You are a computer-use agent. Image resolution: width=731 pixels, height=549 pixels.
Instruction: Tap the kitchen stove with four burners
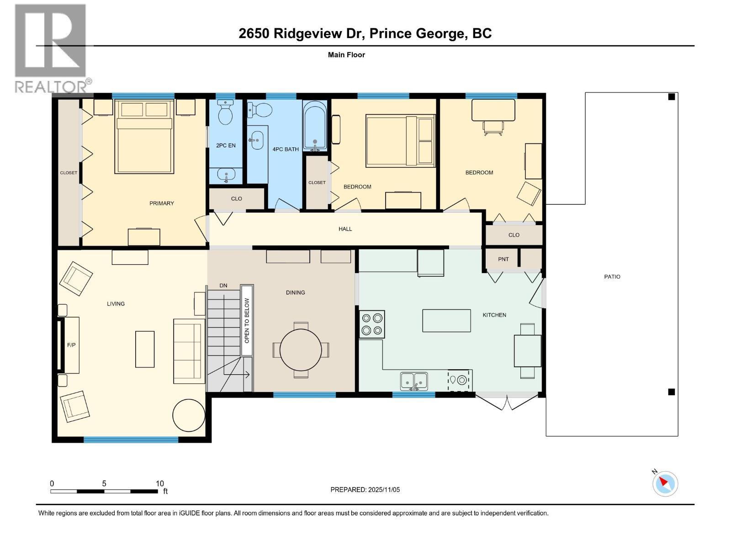click(x=371, y=324)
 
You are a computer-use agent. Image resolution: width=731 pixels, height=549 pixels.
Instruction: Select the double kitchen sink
click(x=414, y=381)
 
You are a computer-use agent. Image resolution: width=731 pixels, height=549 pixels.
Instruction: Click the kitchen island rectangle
click(x=446, y=320)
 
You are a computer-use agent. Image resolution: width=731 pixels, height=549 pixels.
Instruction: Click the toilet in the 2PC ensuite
click(x=225, y=113)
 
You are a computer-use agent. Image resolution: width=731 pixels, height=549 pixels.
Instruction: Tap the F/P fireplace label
click(x=71, y=345)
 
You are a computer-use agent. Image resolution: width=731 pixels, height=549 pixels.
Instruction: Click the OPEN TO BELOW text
click(x=247, y=321)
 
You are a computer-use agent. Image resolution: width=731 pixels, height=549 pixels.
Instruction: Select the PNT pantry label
click(x=503, y=259)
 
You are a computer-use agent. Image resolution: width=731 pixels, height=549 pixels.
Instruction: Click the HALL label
click(x=345, y=229)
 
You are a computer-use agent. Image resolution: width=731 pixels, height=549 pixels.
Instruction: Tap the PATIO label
click(x=612, y=276)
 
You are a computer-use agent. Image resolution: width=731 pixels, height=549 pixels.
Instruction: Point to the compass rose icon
click(x=665, y=484)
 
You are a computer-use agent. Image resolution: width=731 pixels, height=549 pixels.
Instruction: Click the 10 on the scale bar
click(x=159, y=484)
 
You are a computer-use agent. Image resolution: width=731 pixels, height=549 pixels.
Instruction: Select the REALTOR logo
click(x=51, y=48)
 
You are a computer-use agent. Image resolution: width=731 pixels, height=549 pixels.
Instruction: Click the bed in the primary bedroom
click(x=144, y=137)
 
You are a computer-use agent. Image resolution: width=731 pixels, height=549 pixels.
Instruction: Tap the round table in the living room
click(x=189, y=415)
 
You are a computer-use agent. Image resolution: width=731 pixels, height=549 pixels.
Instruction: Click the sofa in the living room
click(x=188, y=351)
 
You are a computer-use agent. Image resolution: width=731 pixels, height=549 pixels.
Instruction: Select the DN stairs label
click(x=223, y=285)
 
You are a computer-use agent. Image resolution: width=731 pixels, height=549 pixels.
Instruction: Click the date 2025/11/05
click(x=383, y=490)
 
